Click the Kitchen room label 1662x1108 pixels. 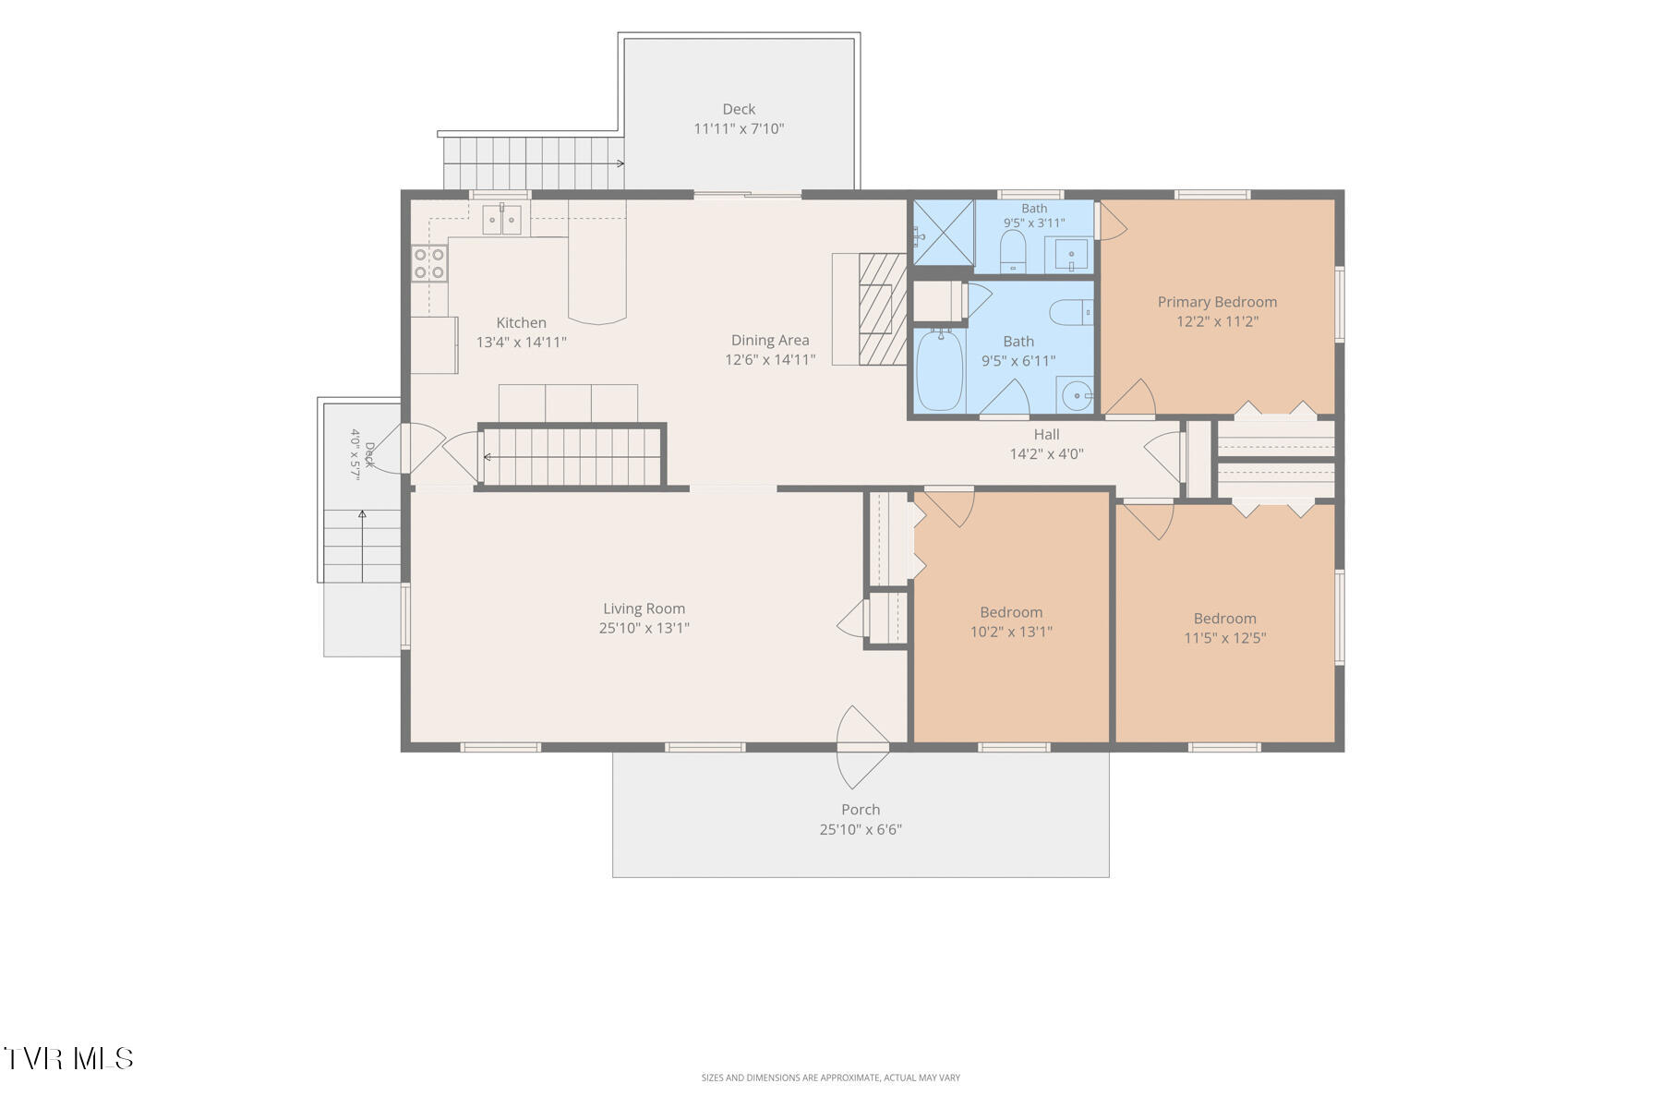(x=522, y=322)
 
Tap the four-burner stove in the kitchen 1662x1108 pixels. (x=429, y=263)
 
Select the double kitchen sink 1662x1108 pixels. (x=502, y=220)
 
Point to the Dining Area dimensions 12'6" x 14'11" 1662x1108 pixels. (x=770, y=360)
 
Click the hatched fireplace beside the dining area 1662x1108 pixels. (x=883, y=308)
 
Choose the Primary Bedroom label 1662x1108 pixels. (x=1217, y=302)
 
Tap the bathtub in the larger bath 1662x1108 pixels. (x=940, y=370)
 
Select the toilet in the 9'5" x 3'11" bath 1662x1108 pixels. (x=1013, y=250)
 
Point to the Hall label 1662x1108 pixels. (x=1046, y=434)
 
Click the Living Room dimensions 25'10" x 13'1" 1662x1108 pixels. (x=644, y=628)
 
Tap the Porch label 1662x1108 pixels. (x=861, y=810)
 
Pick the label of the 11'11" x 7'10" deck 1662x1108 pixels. (x=739, y=109)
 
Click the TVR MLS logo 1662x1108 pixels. (x=68, y=1058)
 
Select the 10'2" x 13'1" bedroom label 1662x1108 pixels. (x=1011, y=612)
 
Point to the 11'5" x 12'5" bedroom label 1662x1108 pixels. (x=1224, y=619)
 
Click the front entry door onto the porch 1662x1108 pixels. (x=862, y=747)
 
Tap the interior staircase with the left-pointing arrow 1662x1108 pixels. (x=572, y=455)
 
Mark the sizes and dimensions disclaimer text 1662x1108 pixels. (x=830, y=1078)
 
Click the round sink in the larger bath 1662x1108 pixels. (x=1076, y=397)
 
